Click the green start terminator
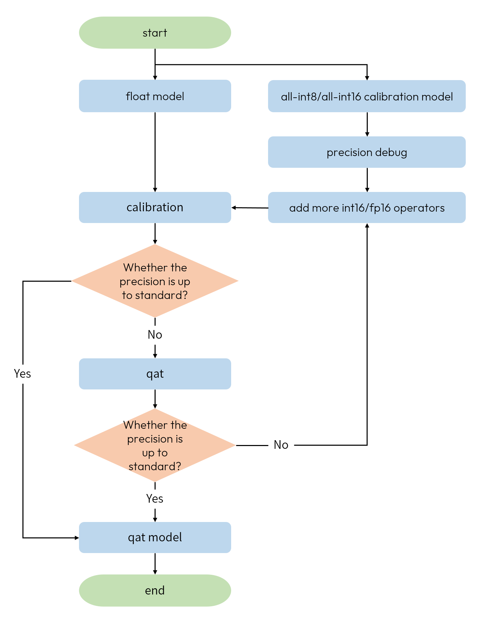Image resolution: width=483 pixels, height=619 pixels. pyautogui.click(x=155, y=33)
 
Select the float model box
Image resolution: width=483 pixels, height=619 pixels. pyautogui.click(x=155, y=96)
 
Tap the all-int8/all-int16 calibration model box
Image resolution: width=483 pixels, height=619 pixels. pyautogui.click(x=367, y=96)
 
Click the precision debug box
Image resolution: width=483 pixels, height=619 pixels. pyautogui.click(x=367, y=152)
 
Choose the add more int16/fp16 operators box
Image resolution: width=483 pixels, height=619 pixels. pyautogui.click(x=367, y=208)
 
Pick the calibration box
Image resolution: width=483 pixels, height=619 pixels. pyautogui.click(x=155, y=207)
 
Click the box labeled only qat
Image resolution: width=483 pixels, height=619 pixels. pyautogui.click(x=155, y=374)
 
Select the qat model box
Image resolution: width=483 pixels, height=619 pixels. pyautogui.click(x=155, y=538)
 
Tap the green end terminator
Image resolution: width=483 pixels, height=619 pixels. pyautogui.click(x=155, y=590)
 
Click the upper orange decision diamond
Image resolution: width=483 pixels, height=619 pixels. pyautogui.click(x=155, y=281)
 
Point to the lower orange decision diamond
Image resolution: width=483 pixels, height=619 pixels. pyautogui.click(x=155, y=445)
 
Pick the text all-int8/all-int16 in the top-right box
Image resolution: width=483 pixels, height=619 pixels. pyautogui.click(x=321, y=96)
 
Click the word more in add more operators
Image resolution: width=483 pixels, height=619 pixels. pyautogui.click(x=325, y=208)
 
